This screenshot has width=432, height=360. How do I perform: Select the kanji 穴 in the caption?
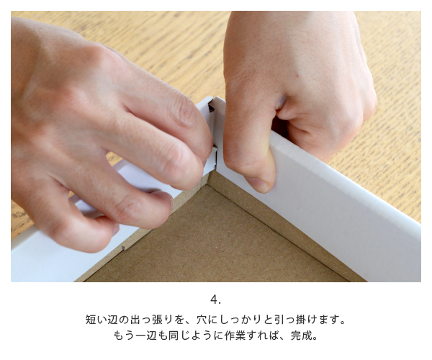pos(202,320)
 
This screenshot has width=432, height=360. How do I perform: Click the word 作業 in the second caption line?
pos(235,336)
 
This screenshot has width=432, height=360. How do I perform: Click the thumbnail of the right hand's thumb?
pos(261,185)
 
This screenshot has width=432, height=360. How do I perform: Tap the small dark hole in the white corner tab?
pos(211,107)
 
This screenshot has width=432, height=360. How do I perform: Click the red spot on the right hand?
pos(297,76)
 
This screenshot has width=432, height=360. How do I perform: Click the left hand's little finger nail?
pos(117,229)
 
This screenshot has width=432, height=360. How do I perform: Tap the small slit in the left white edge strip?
pos(123,248)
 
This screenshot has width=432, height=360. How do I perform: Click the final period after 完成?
pos(315,338)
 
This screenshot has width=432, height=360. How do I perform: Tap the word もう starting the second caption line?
pos(124,336)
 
